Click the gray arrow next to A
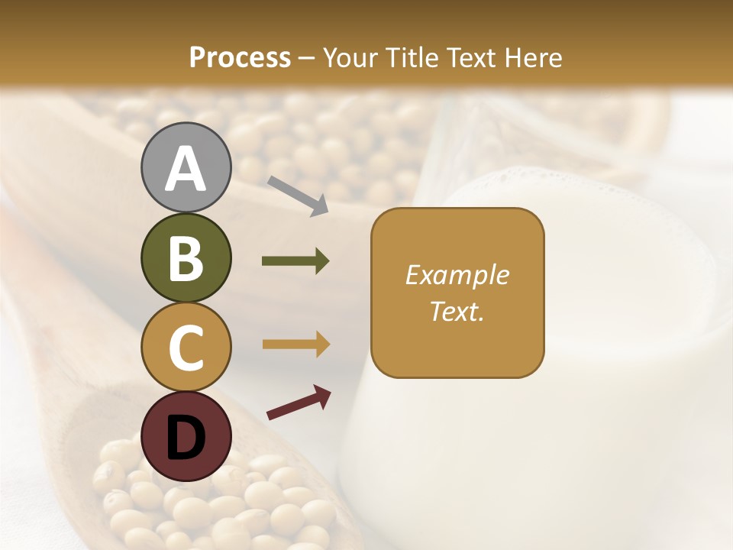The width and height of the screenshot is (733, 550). point(298,196)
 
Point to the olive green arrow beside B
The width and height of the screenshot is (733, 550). point(295,261)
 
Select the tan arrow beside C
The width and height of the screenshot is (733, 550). point(295,345)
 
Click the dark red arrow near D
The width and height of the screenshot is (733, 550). point(299,403)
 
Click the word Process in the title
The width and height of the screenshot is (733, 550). point(240,57)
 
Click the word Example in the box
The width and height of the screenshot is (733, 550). point(457,275)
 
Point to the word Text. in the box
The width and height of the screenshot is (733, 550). point(457,311)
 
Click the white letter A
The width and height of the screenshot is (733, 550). point(186,169)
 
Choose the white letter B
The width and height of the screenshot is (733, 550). point(186,258)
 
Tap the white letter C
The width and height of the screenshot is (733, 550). point(186,348)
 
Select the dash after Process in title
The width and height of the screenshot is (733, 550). point(306,58)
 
